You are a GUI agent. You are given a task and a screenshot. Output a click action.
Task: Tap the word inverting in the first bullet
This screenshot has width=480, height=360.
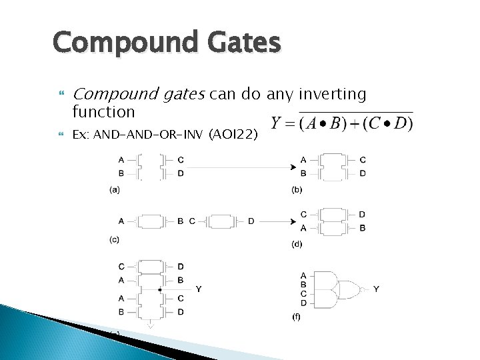tap(331, 95)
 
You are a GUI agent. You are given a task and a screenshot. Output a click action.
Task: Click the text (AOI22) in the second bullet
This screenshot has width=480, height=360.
tap(231, 135)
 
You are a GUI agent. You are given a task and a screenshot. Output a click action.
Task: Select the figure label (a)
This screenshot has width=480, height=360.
tap(115, 189)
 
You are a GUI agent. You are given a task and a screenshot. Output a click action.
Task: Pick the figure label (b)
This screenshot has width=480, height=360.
tap(297, 190)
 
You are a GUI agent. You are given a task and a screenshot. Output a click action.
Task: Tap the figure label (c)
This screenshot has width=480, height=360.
tap(115, 238)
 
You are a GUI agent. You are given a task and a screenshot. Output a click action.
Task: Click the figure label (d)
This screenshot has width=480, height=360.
tap(297, 244)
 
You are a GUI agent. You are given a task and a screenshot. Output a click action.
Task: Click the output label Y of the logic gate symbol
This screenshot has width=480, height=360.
tap(377, 289)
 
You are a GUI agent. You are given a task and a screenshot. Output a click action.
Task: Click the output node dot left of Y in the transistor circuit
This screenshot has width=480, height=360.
tap(160, 290)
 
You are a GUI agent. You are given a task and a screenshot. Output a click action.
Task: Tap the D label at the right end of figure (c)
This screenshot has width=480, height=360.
tap(251, 221)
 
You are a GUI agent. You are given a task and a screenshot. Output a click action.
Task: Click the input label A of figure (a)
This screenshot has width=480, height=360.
tap(121, 160)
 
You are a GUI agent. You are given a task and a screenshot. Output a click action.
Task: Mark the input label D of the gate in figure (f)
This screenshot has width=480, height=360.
tap(304, 303)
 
